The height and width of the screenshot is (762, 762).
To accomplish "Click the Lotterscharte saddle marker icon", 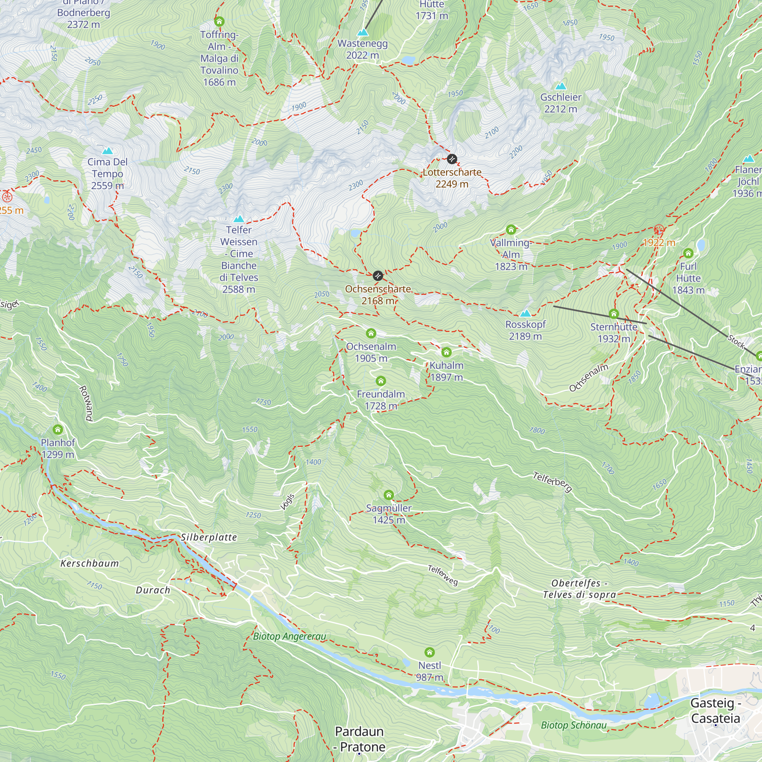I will pos(452,159).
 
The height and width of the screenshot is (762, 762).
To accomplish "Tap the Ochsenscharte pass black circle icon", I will pos(378,276).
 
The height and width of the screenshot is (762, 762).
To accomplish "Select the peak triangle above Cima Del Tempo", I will pos(107,150).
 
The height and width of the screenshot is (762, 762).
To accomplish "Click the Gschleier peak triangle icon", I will pos(560,86).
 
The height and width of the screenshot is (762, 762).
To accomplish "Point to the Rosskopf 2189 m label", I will pos(525,330).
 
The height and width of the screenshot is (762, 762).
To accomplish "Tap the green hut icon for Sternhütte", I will pos(613,314).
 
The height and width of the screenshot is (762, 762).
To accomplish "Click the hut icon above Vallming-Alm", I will pos(511,229).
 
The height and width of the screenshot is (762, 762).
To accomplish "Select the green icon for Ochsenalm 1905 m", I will pos(371,333).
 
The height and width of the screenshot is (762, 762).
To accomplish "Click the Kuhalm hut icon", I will pos(446,352).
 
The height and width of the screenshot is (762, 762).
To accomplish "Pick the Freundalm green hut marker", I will pos(381,381).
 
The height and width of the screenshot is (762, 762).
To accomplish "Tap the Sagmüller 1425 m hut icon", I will pos(389,495).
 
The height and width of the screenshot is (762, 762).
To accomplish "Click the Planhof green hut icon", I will pos(58,429).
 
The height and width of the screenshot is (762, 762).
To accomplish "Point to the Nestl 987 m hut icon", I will pos(429,652).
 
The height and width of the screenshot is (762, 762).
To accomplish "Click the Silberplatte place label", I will pos(209,537).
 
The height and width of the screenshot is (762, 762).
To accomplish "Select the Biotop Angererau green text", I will pos(290,636).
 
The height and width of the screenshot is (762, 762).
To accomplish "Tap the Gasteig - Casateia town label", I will pos(716,710).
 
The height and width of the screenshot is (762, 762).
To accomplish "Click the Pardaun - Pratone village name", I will pos(359,739).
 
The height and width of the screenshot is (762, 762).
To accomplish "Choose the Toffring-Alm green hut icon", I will pos(219,21).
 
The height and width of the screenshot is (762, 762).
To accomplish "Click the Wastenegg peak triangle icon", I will pos(362,32).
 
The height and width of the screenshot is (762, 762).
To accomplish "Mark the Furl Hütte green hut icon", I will pos(688,253).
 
